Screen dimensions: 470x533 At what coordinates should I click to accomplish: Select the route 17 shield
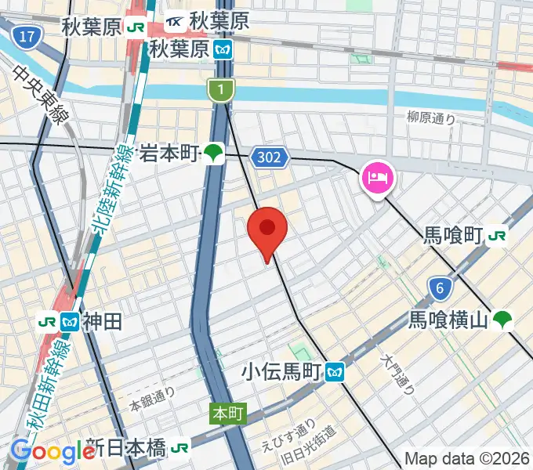tap(27, 37)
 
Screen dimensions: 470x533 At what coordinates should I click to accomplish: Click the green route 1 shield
tap(221, 91)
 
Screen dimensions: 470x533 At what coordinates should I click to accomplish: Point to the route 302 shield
tap(267, 158)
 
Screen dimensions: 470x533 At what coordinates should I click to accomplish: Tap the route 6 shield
tap(441, 289)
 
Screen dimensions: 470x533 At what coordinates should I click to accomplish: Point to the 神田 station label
tap(102, 320)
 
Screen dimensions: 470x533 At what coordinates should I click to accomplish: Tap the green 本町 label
tap(225, 413)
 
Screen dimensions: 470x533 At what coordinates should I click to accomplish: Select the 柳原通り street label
tap(431, 118)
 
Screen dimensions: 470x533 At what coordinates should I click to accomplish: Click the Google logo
tap(52, 451)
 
